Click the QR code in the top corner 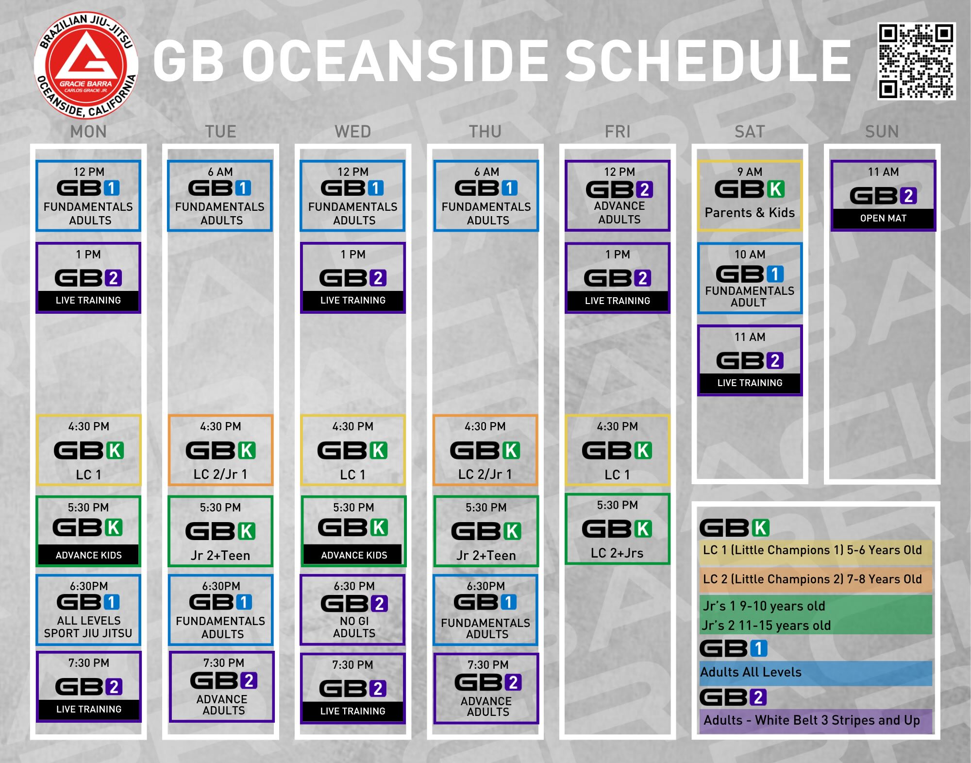(x=917, y=61)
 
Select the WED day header (x=353, y=132)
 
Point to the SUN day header (x=882, y=132)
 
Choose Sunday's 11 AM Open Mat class (x=883, y=196)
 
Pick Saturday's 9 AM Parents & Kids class (x=750, y=196)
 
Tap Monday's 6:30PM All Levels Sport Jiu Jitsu (x=88, y=610)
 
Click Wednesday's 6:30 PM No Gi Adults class (x=353, y=610)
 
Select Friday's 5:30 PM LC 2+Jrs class (x=618, y=529)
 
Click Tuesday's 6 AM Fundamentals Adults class (x=220, y=196)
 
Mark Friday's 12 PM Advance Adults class (x=618, y=196)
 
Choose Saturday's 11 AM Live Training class (x=750, y=360)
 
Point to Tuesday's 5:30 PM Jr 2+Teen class (x=220, y=531)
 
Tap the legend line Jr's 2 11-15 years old (x=766, y=626)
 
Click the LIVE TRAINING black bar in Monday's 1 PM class (x=88, y=301)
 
